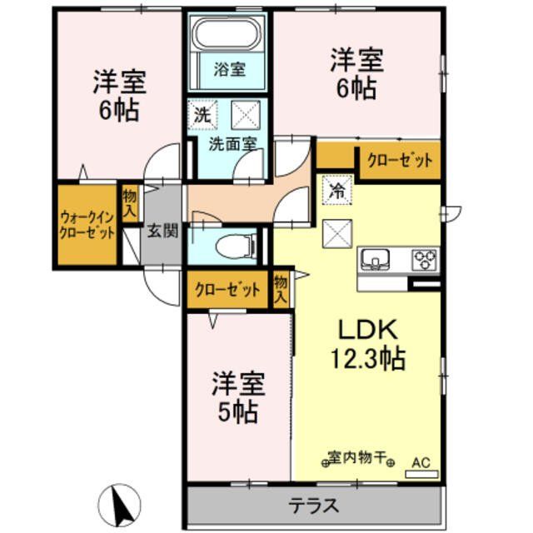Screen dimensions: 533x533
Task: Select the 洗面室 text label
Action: tap(231, 142)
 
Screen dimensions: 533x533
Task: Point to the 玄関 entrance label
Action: tap(162, 232)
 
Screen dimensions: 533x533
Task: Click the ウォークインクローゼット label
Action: tap(87, 225)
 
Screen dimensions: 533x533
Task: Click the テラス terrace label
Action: tap(314, 505)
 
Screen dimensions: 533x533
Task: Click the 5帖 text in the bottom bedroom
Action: tap(237, 411)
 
